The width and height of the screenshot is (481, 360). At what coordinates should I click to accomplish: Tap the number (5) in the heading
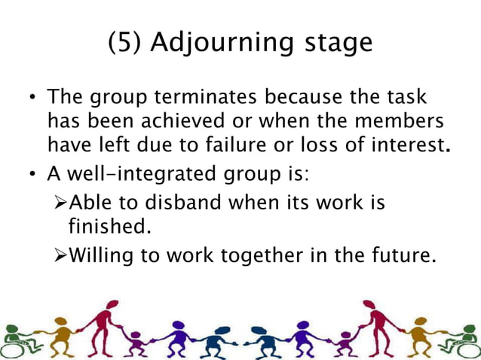[125, 42]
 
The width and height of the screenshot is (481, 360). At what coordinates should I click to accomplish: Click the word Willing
[100, 256]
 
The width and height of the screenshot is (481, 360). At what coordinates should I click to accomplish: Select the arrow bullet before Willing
[60, 256]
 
